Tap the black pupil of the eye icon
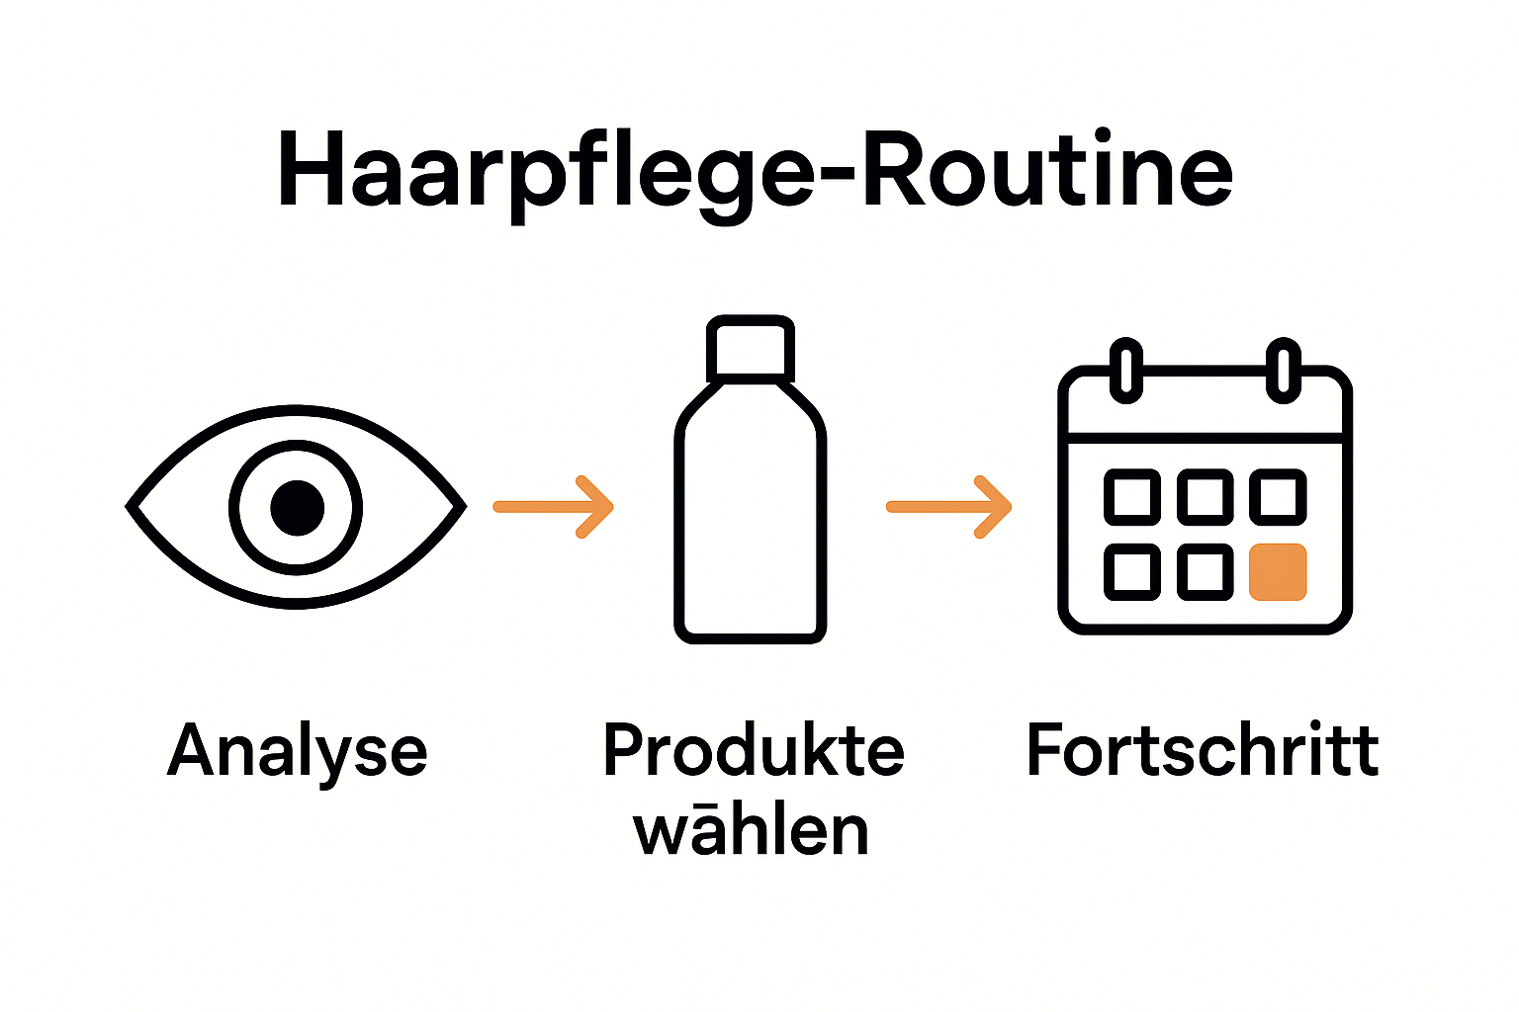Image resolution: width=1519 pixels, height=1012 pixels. pos(297,507)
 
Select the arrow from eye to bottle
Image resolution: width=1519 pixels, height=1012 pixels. pos(554,507)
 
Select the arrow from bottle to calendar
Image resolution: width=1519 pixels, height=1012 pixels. pos(948,507)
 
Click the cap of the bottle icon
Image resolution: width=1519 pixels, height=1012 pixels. pos(750,349)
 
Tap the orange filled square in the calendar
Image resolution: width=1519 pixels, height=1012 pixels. pos(1278,571)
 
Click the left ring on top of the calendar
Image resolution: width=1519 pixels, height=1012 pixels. pos(1125,370)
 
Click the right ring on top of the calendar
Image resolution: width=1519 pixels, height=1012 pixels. pos(1283,370)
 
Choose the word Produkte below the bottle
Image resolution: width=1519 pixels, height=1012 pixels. pos(754,750)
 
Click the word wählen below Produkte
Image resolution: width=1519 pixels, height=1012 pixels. pos(751,830)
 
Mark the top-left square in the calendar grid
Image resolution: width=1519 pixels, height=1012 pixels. pos(1131,497)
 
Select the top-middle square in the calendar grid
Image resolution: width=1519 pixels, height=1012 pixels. pos(1206,497)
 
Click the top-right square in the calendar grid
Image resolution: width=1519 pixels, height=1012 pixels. pos(1278,497)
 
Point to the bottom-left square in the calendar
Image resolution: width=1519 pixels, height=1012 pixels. pos(1131,571)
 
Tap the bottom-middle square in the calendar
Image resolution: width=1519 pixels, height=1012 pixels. pos(1206,571)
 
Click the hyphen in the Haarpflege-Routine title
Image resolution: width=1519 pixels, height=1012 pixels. pos(839,176)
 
